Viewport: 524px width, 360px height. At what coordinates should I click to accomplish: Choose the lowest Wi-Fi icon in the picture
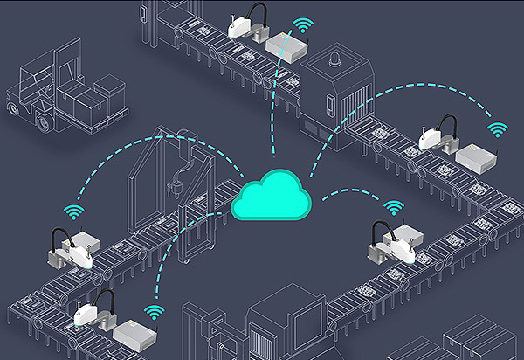coord(155,311)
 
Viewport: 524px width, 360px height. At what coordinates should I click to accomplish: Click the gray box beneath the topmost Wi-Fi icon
coord(288,44)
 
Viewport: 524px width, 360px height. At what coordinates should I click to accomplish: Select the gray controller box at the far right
coord(476,156)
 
